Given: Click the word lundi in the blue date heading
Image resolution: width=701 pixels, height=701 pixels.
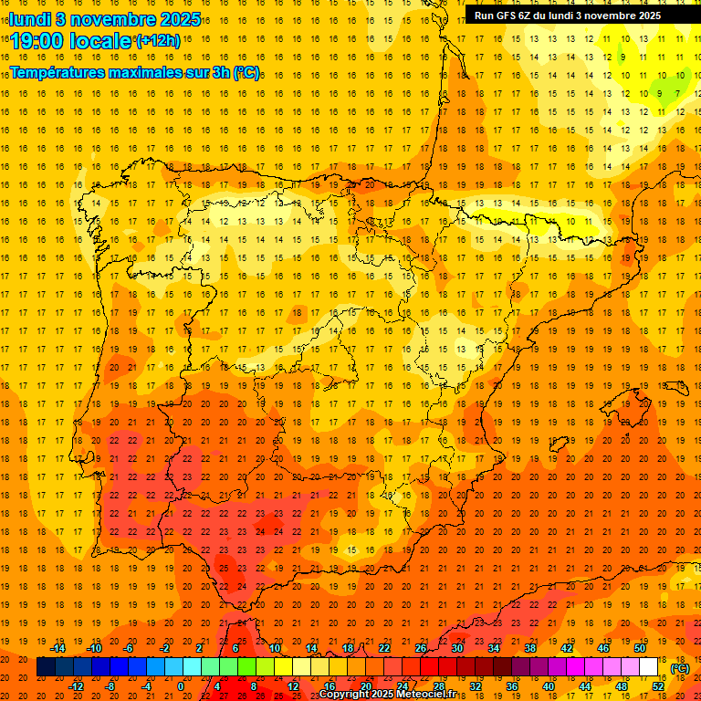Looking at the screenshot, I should click(30, 18).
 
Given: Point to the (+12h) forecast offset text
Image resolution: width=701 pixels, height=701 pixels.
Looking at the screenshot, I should click(158, 40).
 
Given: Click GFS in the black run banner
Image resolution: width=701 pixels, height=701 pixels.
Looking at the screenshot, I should click(508, 16).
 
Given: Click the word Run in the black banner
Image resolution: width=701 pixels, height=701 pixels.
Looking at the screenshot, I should click(486, 16).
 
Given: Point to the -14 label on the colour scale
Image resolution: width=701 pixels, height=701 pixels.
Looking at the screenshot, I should click(58, 648).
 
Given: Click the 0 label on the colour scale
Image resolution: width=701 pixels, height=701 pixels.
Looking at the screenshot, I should click(181, 686).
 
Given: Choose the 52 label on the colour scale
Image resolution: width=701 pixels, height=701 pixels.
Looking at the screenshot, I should click(658, 686).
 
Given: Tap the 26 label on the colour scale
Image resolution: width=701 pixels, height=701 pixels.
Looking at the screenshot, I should click(421, 648).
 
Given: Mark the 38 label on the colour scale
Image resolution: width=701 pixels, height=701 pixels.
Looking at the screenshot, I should click(529, 648).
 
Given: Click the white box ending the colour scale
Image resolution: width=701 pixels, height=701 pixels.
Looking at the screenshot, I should click(649, 667).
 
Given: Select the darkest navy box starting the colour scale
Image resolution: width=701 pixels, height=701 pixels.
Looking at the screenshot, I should click(46, 667).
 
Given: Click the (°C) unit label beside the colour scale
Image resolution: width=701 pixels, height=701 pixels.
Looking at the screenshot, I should click(680, 667).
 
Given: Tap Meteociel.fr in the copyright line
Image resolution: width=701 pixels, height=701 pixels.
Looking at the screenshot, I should click(427, 695).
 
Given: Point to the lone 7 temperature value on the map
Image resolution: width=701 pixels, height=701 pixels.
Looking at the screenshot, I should click(676, 93).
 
